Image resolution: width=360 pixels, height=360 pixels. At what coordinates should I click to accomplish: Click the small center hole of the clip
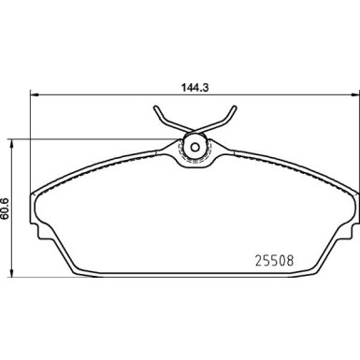pyautogui.click(x=194, y=146)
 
